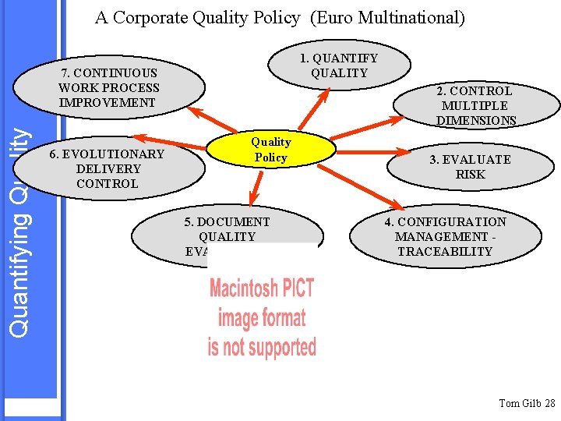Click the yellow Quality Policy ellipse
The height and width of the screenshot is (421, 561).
coord(270,149)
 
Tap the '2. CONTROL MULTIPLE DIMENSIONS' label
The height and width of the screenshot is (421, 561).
coord(475,105)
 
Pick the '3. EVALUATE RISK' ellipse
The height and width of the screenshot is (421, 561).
coord(470,167)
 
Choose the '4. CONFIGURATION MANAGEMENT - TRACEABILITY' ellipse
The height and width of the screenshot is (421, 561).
coord(444,237)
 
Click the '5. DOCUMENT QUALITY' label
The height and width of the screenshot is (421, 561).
coord(227,229)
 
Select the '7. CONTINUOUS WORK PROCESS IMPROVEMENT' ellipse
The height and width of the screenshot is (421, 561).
coord(108,87)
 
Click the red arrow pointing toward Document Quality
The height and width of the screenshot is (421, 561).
coord(254,188)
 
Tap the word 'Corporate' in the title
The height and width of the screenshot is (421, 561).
coord(150,17)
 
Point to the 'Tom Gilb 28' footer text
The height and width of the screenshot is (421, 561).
coord(527,403)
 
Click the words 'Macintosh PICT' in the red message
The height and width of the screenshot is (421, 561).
coord(262,288)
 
